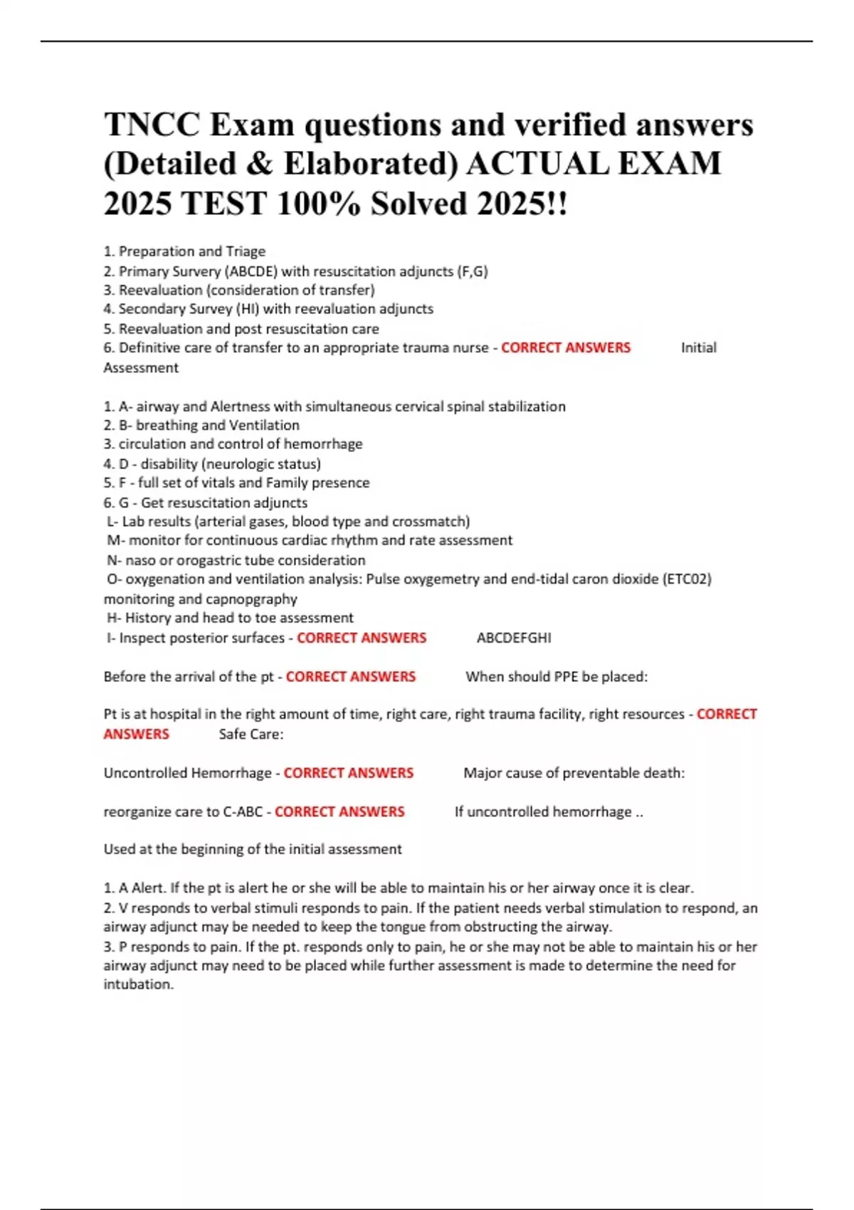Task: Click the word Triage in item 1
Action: pos(246,251)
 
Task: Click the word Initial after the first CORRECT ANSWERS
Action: pos(698,348)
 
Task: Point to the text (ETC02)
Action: pos(687,579)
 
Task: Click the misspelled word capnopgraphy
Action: pos(251,599)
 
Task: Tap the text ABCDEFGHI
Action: pos(514,638)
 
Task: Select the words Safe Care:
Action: pos(251,735)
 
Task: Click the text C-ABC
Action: pos(243,812)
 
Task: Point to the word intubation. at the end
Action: pos(139,984)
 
